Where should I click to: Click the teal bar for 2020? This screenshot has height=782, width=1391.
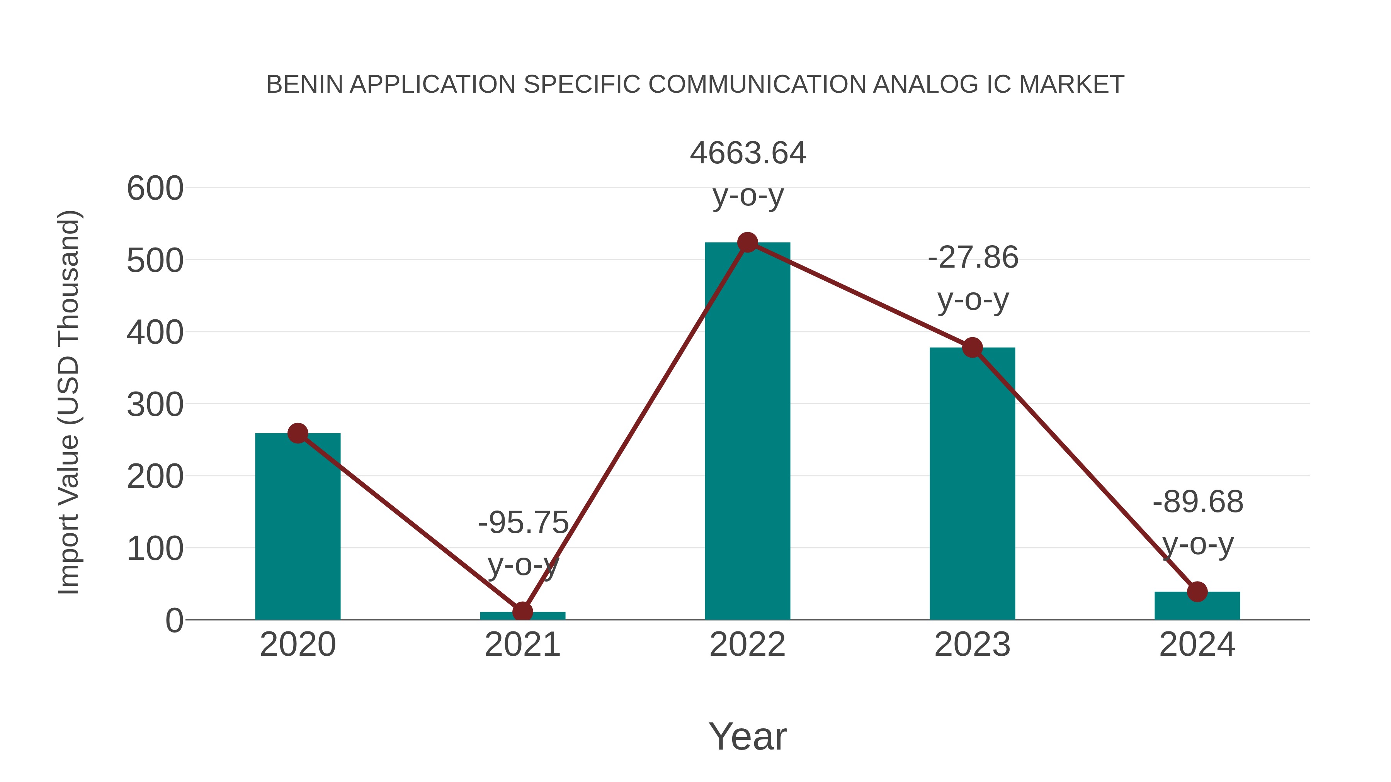tap(298, 526)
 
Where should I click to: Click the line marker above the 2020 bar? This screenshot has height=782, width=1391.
tap(298, 433)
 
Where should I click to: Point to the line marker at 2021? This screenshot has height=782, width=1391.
tap(522, 611)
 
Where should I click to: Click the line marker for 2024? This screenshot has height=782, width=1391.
tap(1197, 592)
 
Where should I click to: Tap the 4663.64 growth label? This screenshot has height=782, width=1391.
tap(748, 153)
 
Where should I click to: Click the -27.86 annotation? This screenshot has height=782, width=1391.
tap(973, 258)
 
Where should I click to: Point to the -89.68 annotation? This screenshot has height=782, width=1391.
tap(1198, 502)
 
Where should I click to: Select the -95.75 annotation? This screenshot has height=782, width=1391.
tap(523, 523)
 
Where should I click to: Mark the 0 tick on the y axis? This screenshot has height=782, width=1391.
tap(174, 621)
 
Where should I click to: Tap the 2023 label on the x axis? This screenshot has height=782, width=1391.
tap(972, 645)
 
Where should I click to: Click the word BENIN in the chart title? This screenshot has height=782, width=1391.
tap(304, 85)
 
